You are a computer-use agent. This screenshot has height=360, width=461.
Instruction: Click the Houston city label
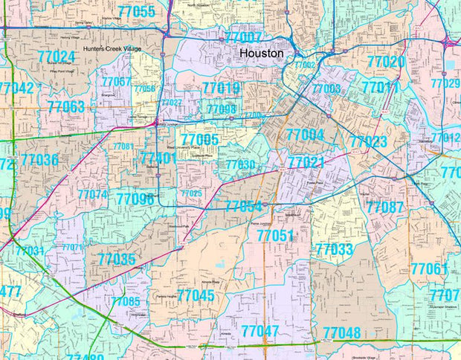pyautogui.click(x=260, y=54)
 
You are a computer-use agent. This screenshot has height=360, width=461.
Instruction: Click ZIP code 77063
pyautogui.click(x=65, y=106)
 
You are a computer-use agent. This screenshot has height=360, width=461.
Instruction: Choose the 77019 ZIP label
pyautogui.click(x=221, y=89)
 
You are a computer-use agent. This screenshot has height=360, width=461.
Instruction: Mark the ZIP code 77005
pyautogui.click(x=199, y=139)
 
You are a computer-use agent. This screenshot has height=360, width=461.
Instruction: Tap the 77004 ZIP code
pyautogui.click(x=305, y=135)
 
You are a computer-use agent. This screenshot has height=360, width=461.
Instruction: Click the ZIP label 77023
pyautogui.click(x=369, y=141)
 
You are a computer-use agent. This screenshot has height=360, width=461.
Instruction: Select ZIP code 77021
pyautogui.click(x=306, y=162)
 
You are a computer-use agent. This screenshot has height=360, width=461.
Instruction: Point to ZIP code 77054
pyautogui.click(x=243, y=206)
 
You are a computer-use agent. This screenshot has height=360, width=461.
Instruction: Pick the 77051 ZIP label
pyautogui.click(x=276, y=235)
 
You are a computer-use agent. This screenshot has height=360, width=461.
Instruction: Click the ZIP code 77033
pyautogui.click(x=334, y=250)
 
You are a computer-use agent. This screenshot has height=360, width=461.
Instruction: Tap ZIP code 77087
pyautogui.click(x=384, y=207)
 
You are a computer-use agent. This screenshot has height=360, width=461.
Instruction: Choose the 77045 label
pyautogui.click(x=196, y=295)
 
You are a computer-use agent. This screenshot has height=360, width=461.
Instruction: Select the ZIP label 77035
pyautogui.click(x=117, y=259)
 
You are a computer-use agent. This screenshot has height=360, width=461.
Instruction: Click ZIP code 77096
pyautogui.click(x=135, y=199)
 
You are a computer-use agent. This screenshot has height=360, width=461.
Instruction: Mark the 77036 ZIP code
pyautogui.click(x=39, y=159)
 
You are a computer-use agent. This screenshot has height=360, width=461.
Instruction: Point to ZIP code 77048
pyautogui.click(x=341, y=332)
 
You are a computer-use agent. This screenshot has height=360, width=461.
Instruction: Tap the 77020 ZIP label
pyautogui.click(x=386, y=62)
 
